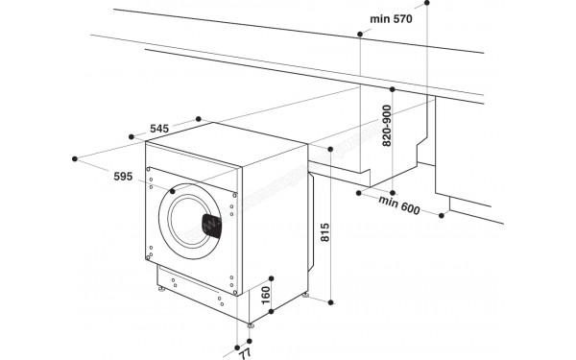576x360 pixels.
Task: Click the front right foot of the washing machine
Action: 250,325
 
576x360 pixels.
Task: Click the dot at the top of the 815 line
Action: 330,151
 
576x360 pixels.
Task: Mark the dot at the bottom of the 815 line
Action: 330,300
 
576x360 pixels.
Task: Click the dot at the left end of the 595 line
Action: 74,156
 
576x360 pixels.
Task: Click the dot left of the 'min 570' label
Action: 359,35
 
